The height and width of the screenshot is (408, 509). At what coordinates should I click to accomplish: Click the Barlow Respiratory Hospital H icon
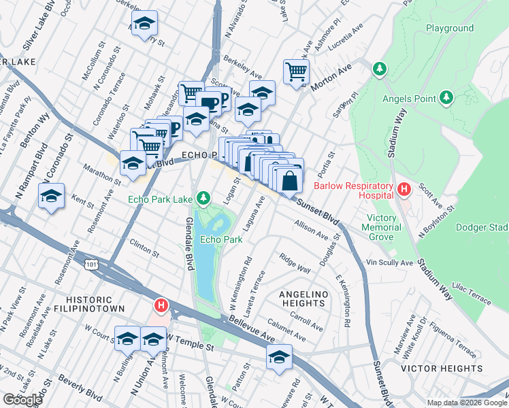[404, 188]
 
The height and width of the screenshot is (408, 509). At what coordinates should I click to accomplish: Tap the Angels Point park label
[409, 99]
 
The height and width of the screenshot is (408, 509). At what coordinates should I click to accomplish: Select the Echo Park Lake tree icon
[202, 199]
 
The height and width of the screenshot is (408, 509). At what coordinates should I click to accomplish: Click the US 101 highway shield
[91, 263]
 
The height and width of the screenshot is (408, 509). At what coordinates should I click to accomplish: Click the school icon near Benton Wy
[51, 197]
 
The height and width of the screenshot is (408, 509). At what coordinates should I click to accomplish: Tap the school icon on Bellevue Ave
[279, 358]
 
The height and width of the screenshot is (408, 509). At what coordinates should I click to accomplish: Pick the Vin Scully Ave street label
[389, 262]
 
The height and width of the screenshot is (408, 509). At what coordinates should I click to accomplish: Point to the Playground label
[449, 28]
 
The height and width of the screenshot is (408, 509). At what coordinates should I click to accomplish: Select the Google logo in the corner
[22, 400]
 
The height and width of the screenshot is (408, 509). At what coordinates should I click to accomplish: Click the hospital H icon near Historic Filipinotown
[161, 306]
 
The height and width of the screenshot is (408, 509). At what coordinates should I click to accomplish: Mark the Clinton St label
[144, 248]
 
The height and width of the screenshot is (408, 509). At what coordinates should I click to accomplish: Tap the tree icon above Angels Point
[379, 68]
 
